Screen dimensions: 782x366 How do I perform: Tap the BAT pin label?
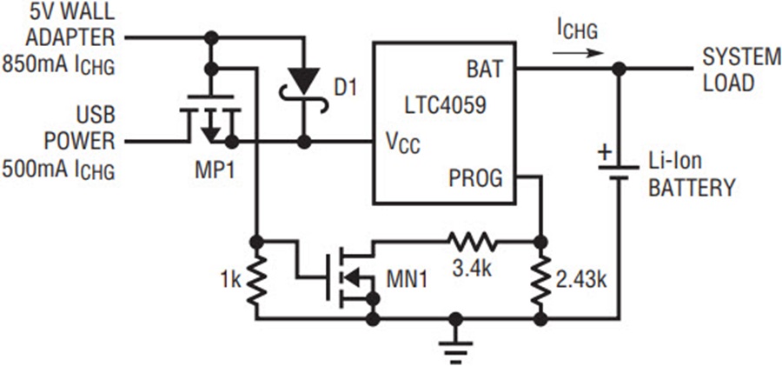point(483,70)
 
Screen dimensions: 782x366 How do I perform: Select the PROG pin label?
point(475,178)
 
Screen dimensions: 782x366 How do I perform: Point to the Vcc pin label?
point(403,143)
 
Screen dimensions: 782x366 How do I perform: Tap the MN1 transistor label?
point(407,280)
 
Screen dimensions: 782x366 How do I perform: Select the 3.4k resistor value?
point(472,270)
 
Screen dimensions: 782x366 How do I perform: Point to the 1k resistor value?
point(230,280)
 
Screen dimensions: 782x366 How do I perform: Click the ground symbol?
point(454,340)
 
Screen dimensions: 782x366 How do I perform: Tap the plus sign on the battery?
point(604,153)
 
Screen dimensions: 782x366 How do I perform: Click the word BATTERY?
point(692,189)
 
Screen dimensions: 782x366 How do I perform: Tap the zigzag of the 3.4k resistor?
point(472,242)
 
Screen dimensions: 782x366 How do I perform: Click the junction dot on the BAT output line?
point(620,69)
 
